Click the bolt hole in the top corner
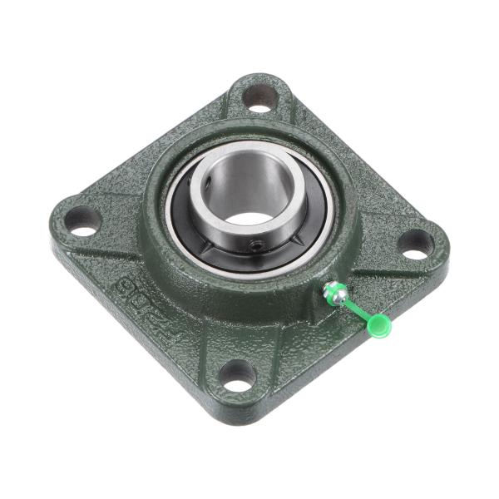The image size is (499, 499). click(x=259, y=96)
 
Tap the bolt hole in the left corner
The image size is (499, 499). click(x=82, y=220)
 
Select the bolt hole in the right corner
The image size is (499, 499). click(x=415, y=242)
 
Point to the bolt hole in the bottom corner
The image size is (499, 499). click(x=238, y=375)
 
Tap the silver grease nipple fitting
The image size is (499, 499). click(x=333, y=291)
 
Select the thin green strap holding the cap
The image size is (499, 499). click(x=356, y=309)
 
